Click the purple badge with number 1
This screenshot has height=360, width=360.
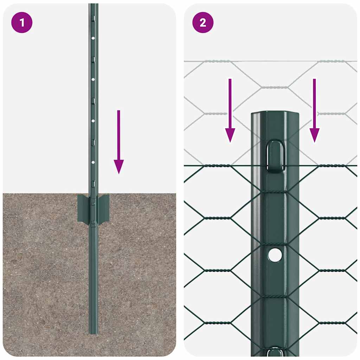coord(22,23)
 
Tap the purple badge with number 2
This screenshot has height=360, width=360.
coord(203,23)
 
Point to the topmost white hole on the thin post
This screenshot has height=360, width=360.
coord(93,38)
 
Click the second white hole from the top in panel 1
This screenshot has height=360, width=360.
coord(93,79)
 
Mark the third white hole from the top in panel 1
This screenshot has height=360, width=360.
coord(93,121)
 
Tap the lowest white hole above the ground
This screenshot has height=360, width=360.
coord(93,162)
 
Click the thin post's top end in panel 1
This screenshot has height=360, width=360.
coord(93,6)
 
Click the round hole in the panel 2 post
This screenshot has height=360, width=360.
coord(275,255)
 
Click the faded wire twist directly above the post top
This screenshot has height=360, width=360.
coord(275,87)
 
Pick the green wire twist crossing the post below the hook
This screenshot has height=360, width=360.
coord(275,192)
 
